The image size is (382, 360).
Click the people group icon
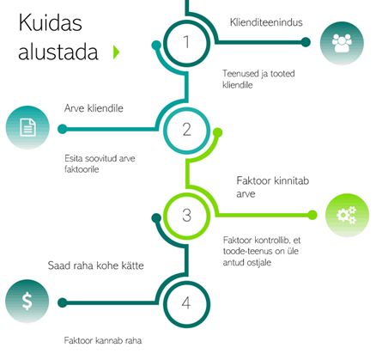342,43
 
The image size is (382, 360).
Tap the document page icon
27,127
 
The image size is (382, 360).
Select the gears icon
347,215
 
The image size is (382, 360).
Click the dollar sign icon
27,302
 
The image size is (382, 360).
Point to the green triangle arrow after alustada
116,52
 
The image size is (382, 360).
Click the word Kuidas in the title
51,22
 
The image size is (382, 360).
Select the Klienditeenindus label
266,22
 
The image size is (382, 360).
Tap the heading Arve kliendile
94,108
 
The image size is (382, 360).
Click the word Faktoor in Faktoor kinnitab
253,180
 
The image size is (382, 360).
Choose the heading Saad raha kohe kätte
96,265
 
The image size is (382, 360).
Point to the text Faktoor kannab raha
103,340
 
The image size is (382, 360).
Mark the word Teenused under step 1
240,74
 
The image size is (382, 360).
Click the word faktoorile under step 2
82,169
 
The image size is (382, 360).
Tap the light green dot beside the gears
312,215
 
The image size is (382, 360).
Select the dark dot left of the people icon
306,42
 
